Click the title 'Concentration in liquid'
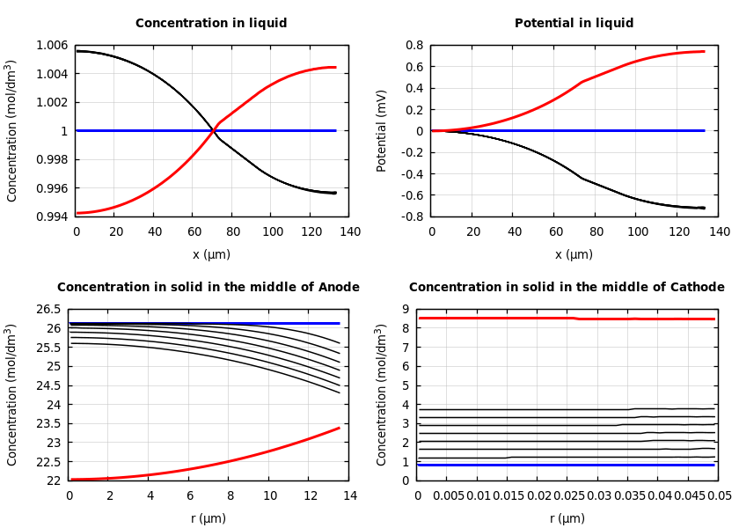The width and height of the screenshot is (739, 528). (211, 24)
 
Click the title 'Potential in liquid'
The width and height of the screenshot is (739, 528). (574, 24)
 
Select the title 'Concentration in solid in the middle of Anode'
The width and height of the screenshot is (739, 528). (209, 288)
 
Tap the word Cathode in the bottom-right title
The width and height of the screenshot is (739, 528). (694, 288)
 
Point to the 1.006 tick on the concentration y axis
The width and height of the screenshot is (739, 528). (52, 45)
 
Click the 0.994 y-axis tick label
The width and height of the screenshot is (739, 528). (52, 216)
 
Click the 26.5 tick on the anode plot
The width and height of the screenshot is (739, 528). (49, 310)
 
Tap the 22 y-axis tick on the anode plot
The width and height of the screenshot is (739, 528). (55, 480)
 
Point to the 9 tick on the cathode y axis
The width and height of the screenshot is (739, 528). (406, 310)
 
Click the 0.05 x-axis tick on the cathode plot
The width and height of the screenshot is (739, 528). (719, 495)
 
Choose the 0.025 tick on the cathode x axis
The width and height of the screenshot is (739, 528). (568, 495)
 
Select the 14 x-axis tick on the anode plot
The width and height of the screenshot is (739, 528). (349, 495)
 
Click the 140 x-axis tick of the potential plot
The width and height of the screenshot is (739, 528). (720, 231)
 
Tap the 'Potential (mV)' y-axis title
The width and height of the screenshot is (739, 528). (382, 130)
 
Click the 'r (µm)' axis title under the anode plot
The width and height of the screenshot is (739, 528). (209, 518)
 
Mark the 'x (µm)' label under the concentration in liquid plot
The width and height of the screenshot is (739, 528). (211, 254)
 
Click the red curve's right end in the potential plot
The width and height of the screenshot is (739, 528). (704, 51)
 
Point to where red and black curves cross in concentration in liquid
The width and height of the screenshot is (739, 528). (214, 130)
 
